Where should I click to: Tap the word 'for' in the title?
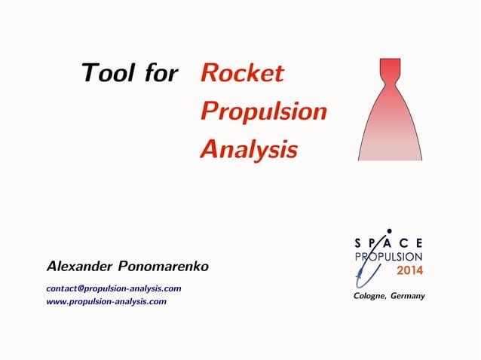coord(161,73)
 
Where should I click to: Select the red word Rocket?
coord(241,73)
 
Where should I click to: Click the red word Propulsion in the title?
coord(263,111)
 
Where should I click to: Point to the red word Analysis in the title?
coord(248,149)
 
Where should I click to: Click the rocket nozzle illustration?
coord(389,121)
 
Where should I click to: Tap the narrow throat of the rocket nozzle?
coord(389,84)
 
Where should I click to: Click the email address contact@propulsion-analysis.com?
coord(114,288)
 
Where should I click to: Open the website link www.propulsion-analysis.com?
coord(106,301)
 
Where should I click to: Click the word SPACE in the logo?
coord(388,243)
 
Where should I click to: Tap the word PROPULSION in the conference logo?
coord(389,256)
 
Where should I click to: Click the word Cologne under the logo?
coord(369,296)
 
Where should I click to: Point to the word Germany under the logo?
coord(407,296)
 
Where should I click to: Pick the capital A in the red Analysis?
coord(209,149)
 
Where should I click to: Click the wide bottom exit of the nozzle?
coord(389,157)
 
